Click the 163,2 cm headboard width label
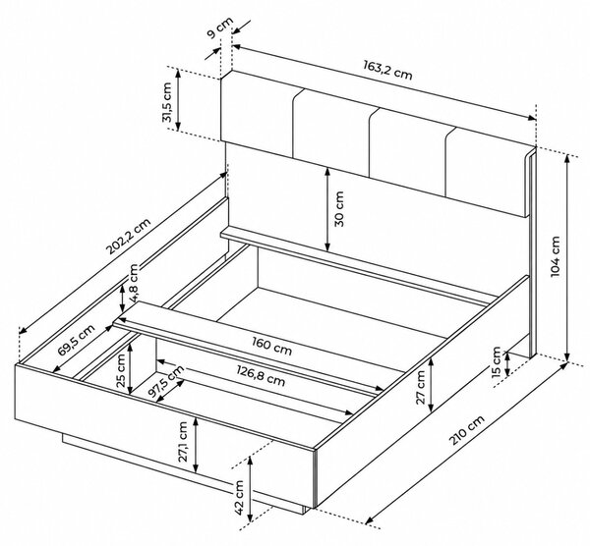coord(387,70)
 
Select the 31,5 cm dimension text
coord(167,102)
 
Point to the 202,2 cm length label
coord(128,236)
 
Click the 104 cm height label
coord(555,256)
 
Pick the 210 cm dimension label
coord(467,430)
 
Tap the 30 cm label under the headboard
coord(338,209)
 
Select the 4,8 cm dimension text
coord(134,283)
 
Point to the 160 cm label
coord(271,346)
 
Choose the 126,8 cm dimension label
coord(261,376)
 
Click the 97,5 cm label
coord(165,382)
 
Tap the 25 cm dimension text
coord(121,371)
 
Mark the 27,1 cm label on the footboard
coord(183,442)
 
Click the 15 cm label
coord(497,361)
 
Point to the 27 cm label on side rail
coord(420,387)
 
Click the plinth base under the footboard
coord(185,474)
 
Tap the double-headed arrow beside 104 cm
coord(567,257)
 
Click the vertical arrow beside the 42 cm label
coord(250,489)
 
